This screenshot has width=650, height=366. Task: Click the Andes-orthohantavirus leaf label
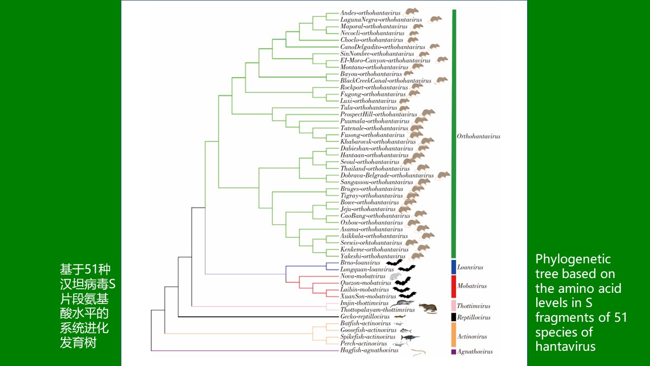[x=370, y=13]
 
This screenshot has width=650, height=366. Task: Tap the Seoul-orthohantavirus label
[x=370, y=162]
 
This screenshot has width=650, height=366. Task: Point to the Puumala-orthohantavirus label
[x=375, y=121]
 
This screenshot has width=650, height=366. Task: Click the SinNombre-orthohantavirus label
[x=377, y=53]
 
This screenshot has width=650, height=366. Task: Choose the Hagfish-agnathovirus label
[x=369, y=350]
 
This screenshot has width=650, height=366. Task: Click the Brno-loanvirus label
[x=360, y=263]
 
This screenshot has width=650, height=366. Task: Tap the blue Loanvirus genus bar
[x=453, y=267]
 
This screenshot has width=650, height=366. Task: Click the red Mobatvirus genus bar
[x=453, y=286]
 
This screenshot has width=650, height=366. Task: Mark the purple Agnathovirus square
[x=453, y=351]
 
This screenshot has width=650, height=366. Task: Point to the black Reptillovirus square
[x=453, y=317]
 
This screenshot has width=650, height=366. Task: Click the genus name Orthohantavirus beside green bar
[x=478, y=136]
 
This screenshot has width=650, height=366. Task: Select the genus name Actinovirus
[x=472, y=337]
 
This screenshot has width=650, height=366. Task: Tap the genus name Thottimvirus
[x=473, y=307]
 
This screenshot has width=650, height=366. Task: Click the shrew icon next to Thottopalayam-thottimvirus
[x=428, y=309]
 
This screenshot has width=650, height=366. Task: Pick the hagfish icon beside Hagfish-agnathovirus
[x=418, y=352]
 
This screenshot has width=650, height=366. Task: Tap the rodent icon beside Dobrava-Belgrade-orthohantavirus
[x=443, y=175]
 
